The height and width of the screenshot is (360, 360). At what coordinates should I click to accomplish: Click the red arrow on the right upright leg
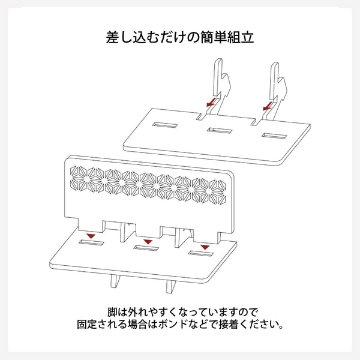tap(268, 105)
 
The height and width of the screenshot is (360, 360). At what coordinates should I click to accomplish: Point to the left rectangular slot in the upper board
tap(164, 126)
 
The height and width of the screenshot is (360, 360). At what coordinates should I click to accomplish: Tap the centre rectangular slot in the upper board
tap(218, 130)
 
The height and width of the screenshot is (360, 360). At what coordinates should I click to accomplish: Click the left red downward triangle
tap(90, 236)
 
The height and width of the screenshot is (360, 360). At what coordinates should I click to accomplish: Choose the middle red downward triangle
tap(147, 241)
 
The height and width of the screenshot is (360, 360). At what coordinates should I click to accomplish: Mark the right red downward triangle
tap(205, 247)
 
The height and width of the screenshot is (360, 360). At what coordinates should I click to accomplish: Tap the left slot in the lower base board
tap(92, 244)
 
